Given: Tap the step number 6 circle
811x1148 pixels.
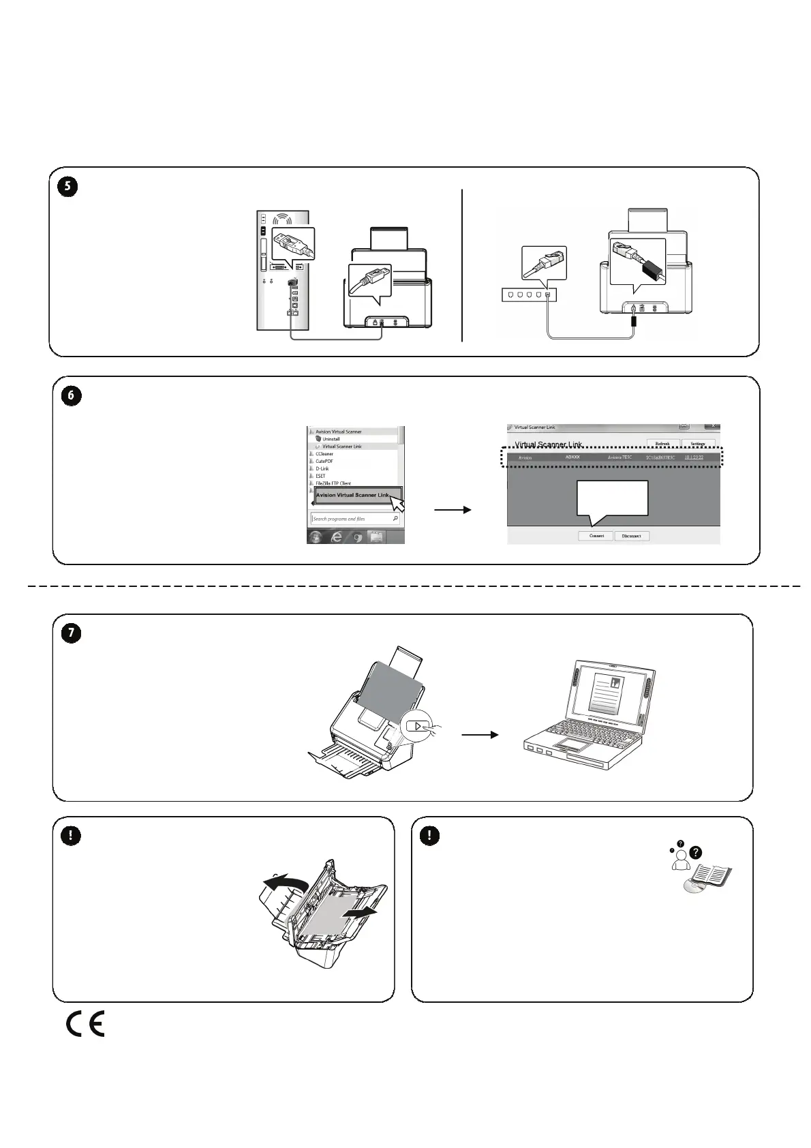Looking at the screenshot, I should point(72,396).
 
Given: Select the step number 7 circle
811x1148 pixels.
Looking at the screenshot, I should point(71,633).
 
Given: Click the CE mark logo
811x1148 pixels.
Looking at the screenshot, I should point(85,1025).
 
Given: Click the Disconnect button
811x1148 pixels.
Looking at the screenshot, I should point(631,536).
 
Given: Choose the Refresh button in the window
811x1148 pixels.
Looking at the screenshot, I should point(662,444).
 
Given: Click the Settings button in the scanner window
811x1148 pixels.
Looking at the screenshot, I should point(698,444).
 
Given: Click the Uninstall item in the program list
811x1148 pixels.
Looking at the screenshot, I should point(331,439).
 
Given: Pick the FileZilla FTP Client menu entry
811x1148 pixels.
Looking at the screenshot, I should point(333,483).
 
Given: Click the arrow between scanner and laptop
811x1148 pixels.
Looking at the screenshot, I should point(480,735).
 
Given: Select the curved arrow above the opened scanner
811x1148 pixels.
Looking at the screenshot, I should point(286,886).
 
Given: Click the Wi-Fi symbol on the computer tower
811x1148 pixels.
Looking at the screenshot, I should point(282,220).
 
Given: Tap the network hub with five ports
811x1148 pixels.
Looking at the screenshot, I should point(529,295).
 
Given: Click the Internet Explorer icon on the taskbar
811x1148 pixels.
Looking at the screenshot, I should point(336,537).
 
